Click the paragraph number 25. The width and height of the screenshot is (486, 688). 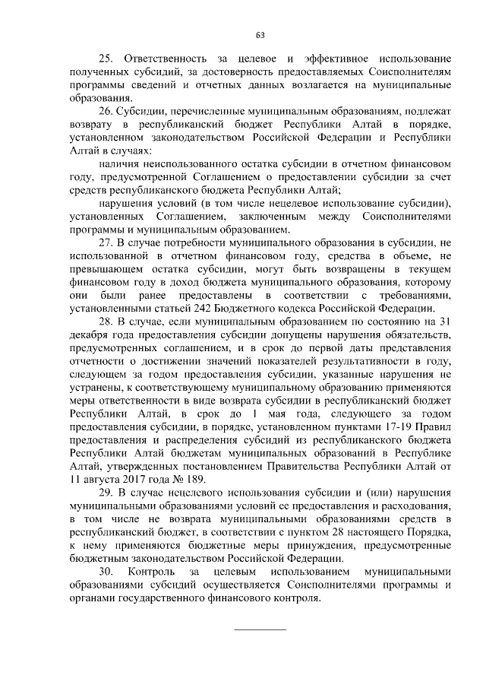pos(106,59)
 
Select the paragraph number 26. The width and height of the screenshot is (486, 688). pos(106,111)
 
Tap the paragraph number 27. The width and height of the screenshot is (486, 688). pos(106,243)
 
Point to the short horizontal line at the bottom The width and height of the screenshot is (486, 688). pos(260,629)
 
